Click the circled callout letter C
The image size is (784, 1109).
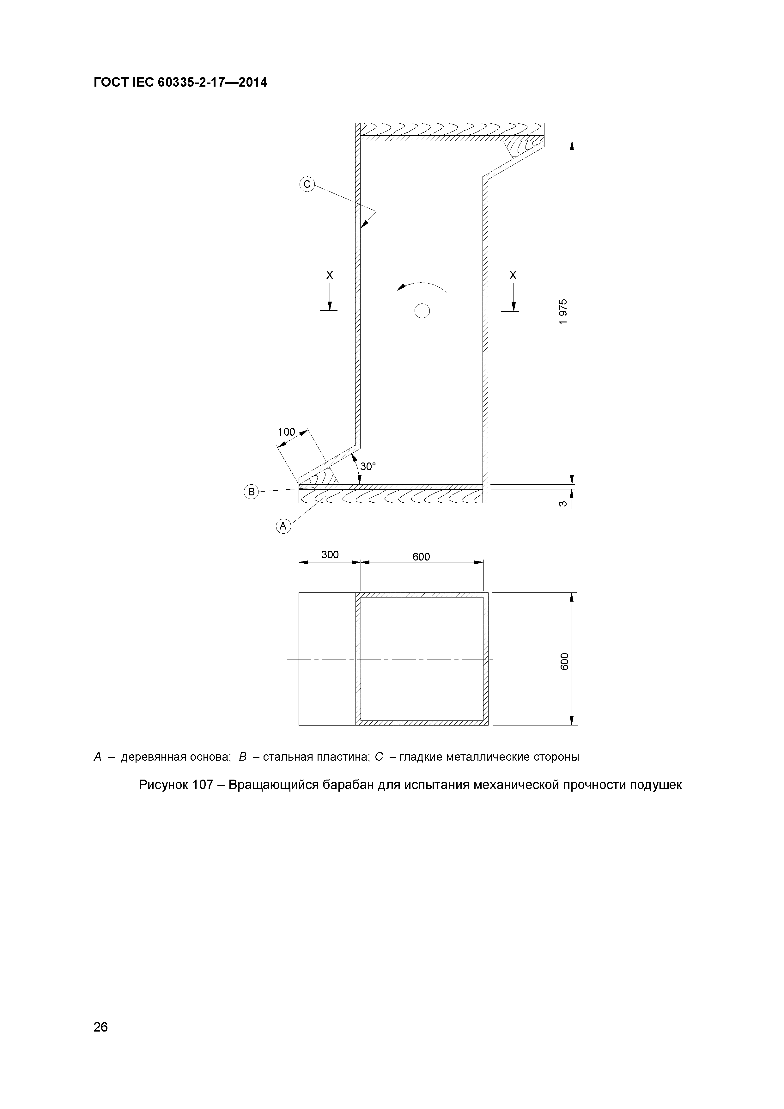tap(307, 184)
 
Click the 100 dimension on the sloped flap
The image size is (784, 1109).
tap(286, 432)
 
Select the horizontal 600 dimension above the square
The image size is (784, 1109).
tap(421, 557)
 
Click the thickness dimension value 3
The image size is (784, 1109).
tap(562, 504)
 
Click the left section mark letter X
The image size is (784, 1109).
tap(330, 275)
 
